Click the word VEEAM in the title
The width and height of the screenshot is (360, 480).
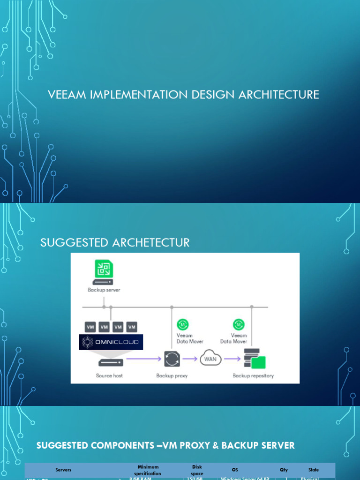tap(65, 95)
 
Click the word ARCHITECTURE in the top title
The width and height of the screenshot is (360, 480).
tap(279, 95)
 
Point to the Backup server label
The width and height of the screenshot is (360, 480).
tap(104, 290)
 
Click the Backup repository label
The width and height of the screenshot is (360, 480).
tap(253, 375)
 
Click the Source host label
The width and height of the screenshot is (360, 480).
tap(110, 375)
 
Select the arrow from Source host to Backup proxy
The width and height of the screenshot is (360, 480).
tap(142, 360)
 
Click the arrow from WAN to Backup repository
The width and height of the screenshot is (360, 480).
tap(232, 360)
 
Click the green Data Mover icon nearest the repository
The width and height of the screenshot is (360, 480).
tap(239, 324)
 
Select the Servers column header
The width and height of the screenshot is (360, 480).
tap(63, 470)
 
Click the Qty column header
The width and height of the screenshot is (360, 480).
tap(284, 470)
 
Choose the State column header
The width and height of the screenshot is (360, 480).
tap(314, 470)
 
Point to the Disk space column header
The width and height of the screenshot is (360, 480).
tap(197, 470)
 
